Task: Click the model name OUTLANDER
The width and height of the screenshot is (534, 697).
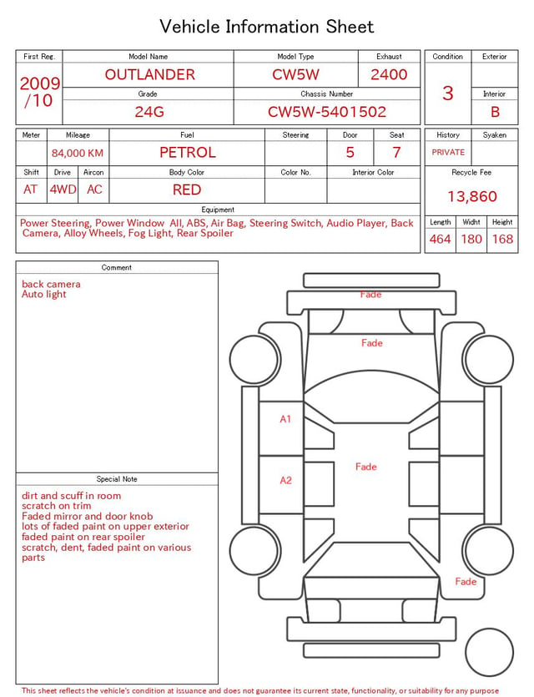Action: coord(149,74)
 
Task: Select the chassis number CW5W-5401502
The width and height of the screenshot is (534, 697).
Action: coord(327,112)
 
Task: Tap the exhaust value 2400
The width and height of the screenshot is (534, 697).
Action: coord(389,74)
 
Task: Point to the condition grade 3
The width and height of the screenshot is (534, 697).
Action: coord(448,93)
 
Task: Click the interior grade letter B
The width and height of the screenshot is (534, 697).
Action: coord(495,112)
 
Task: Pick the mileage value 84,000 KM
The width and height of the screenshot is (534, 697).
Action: coord(78,154)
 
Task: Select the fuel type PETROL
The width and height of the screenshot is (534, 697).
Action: coord(188,153)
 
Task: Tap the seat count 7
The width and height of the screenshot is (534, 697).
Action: coord(396,153)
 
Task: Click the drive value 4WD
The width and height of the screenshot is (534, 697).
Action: coord(63,189)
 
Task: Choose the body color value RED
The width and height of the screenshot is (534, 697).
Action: coord(187,189)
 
